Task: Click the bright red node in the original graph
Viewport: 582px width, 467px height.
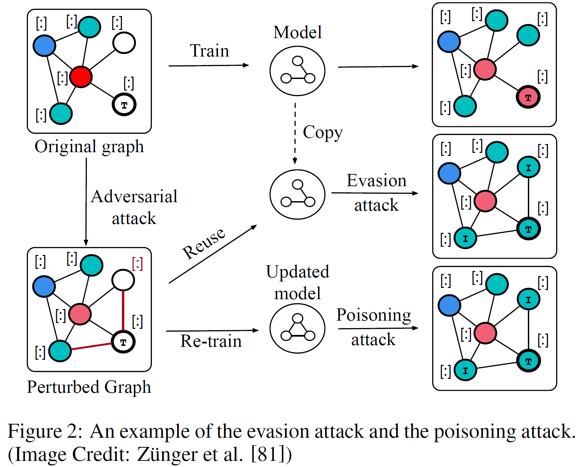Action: [x=81, y=77]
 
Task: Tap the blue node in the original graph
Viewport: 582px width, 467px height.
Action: [x=44, y=46]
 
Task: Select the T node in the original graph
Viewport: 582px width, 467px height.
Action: [x=124, y=104]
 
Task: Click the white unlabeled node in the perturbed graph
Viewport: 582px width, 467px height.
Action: [x=123, y=280]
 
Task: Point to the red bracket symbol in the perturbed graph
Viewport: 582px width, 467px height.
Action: [x=137, y=263]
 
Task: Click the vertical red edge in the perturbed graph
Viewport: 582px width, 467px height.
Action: [x=123, y=310]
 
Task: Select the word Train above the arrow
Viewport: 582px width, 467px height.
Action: [x=209, y=51]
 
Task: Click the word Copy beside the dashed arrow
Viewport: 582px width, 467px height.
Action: [x=323, y=132]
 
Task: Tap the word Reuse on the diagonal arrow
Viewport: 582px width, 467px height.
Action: [x=204, y=243]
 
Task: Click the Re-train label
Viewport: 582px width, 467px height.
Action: [x=211, y=341]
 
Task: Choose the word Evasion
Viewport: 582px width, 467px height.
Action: [x=376, y=180]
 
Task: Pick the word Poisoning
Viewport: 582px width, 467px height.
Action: [x=374, y=315]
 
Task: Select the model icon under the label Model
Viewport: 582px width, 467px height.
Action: [x=297, y=71]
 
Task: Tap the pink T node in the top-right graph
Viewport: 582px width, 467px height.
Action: [x=528, y=97]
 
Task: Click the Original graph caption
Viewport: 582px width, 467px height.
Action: [x=89, y=147]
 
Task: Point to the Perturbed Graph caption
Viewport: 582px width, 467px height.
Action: [x=89, y=387]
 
